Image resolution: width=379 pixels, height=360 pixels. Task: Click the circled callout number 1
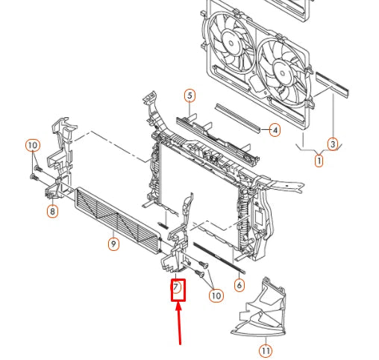[x=319, y=159]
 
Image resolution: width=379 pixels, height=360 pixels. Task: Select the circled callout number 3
[x=333, y=143]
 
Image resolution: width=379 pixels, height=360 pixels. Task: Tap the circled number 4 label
[x=275, y=131]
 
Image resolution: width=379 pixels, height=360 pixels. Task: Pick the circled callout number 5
[x=189, y=96]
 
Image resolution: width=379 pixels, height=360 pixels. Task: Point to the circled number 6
[x=239, y=285]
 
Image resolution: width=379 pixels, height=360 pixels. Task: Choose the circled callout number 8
[x=52, y=211]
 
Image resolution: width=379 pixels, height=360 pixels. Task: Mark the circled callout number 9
[x=113, y=243]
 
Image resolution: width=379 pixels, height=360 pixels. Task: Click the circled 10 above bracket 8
[x=32, y=145]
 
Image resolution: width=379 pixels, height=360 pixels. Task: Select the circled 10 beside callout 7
[x=216, y=296]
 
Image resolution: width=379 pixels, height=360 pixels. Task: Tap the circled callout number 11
[x=265, y=349]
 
